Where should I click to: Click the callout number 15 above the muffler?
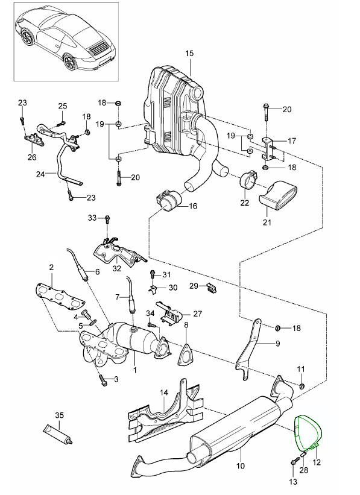(x=189, y=53)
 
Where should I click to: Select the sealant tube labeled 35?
(x=58, y=434)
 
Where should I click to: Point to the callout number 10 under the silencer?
(x=241, y=465)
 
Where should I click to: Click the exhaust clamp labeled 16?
(x=168, y=201)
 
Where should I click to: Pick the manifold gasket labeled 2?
(x=59, y=297)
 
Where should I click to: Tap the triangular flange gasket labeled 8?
(x=186, y=355)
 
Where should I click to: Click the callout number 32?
(x=117, y=269)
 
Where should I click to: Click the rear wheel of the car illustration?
(x=69, y=62)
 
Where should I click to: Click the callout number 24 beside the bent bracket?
(x=40, y=174)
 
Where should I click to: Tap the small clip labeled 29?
(x=211, y=288)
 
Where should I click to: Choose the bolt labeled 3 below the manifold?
(x=103, y=380)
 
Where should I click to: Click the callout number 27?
(x=198, y=314)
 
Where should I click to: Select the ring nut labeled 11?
(x=302, y=385)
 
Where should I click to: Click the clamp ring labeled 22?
(x=248, y=181)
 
